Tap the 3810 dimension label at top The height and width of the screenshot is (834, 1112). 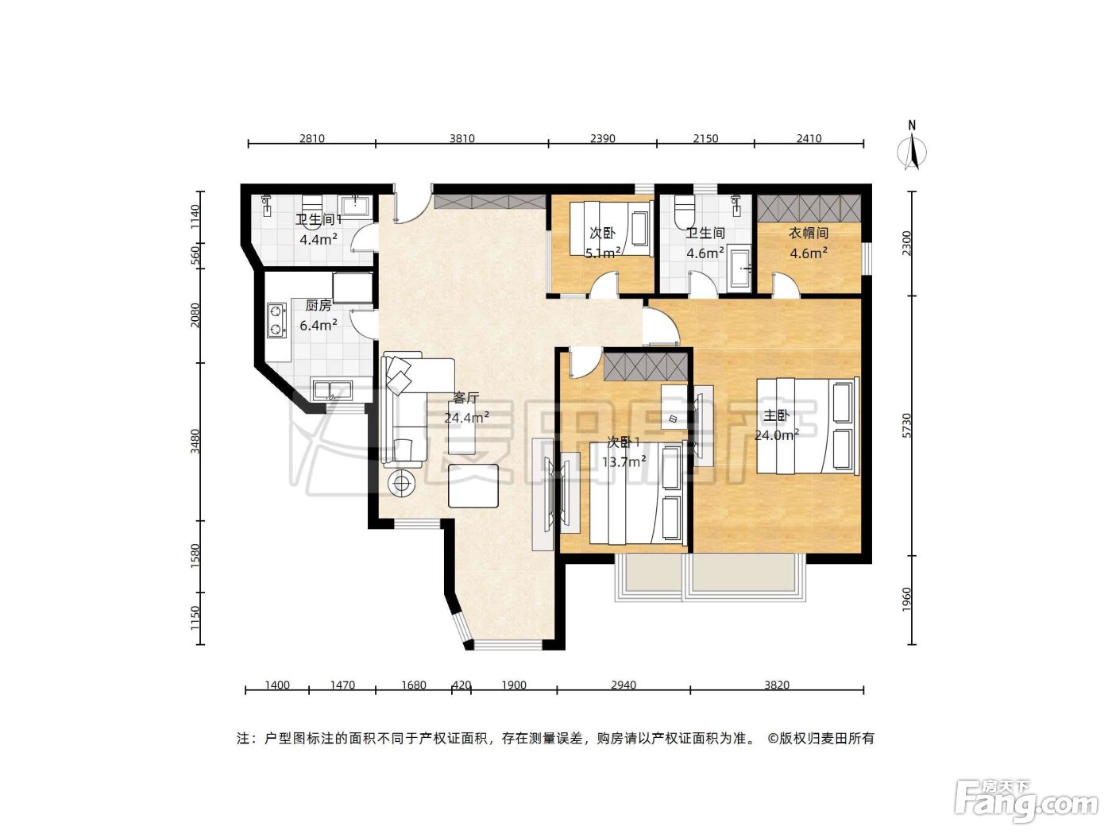pos(462,138)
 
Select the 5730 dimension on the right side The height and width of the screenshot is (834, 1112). pos(906,426)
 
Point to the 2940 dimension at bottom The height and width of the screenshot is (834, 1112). pos(624,685)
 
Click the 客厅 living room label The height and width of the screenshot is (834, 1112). pos(465,398)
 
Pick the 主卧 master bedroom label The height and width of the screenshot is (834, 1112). pos(776,415)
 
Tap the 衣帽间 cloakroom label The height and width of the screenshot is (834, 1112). pos(809,233)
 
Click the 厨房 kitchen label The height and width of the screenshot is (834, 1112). pos(319,305)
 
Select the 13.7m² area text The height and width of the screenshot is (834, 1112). pos(624,461)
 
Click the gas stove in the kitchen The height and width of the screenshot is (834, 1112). pos(276,320)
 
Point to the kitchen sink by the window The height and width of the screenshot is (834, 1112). pos(332,391)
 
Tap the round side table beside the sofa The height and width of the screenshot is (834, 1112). pos(401,484)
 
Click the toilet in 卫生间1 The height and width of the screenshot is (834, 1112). pos(313,209)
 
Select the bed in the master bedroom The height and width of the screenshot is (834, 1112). pos(808,426)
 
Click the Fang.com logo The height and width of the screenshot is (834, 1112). pos(1026,801)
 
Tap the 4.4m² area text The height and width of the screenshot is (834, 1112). pos(319,240)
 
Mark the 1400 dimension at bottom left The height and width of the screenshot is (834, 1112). pos(277,685)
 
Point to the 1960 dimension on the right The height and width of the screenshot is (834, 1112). pos(906,599)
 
